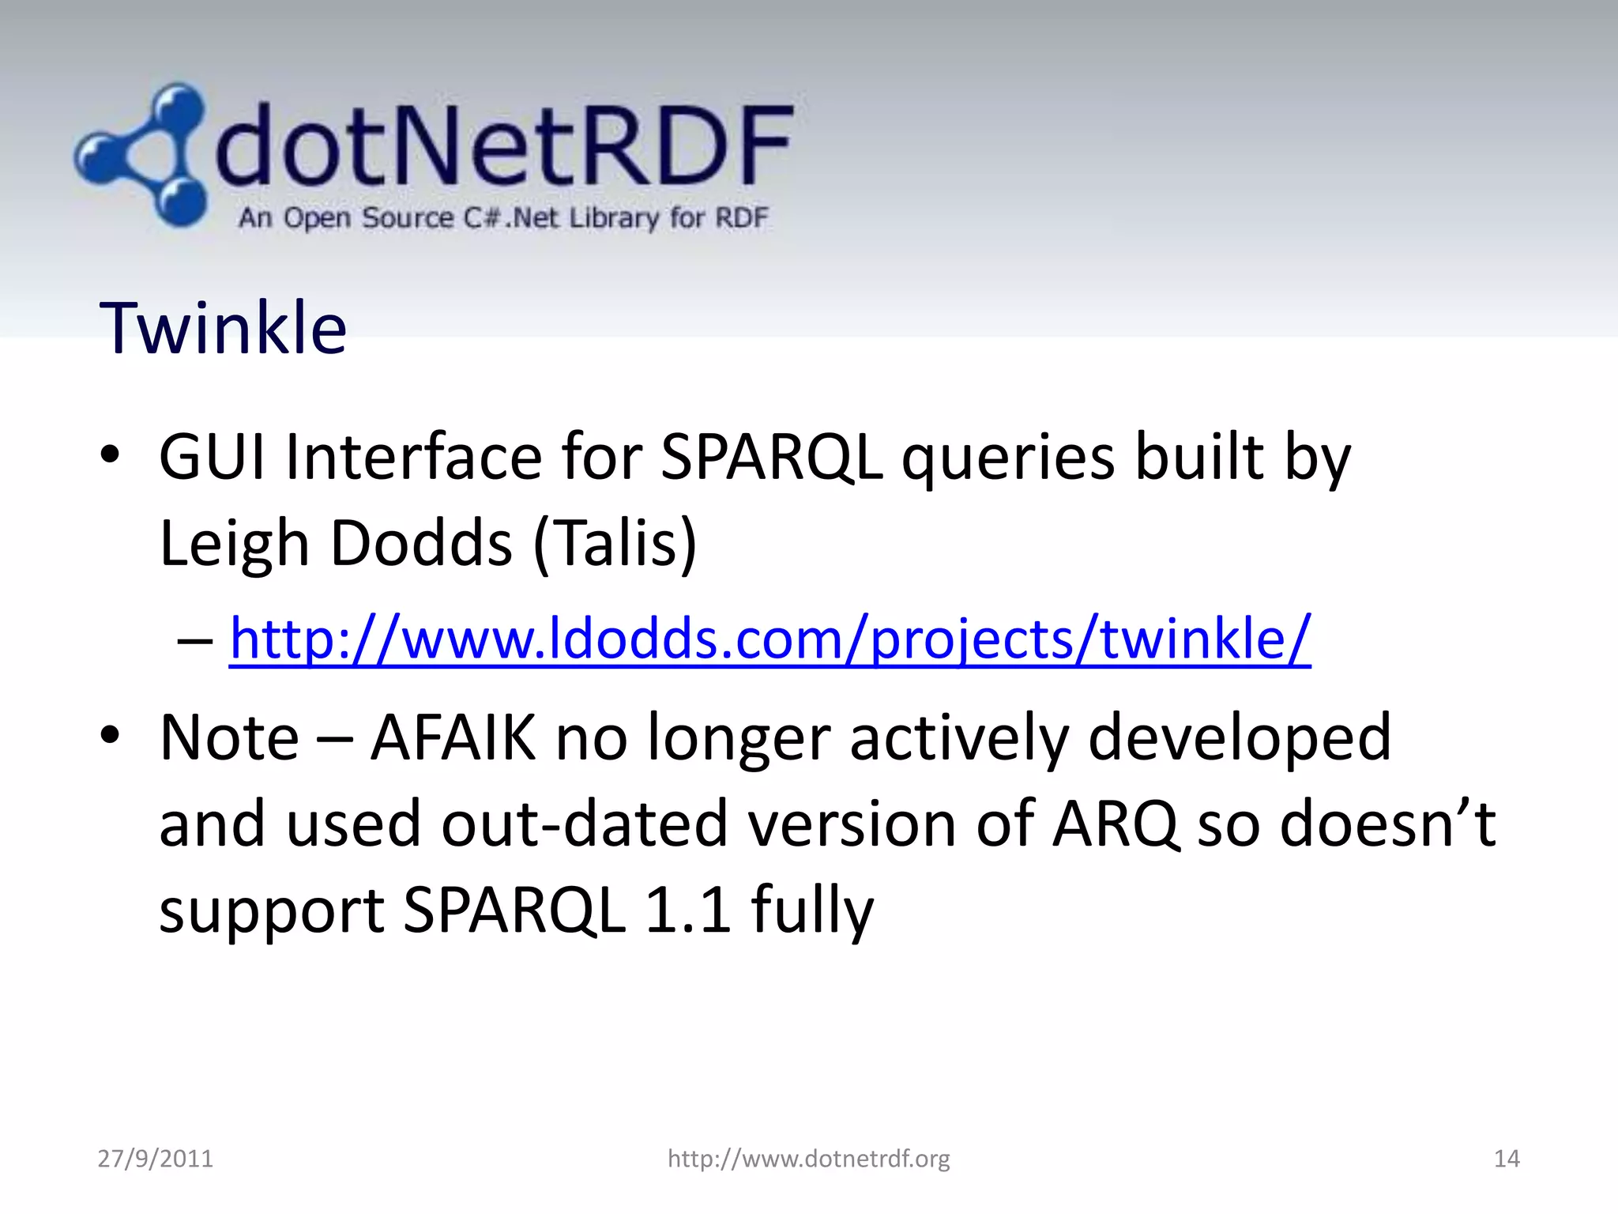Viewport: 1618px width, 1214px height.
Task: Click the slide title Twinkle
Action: pyautogui.click(x=223, y=328)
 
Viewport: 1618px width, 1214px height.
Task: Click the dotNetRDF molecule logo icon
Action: pyautogui.click(x=142, y=155)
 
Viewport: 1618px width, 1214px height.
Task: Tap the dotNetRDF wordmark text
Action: pyautogui.click(x=503, y=147)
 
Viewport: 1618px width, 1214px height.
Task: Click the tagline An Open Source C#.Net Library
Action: pyautogui.click(x=502, y=217)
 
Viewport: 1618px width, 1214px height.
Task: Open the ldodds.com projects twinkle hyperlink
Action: pyautogui.click(x=769, y=638)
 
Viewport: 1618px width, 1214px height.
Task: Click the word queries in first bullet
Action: pyautogui.click(x=1008, y=458)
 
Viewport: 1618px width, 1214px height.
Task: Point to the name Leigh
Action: pyautogui.click(x=234, y=544)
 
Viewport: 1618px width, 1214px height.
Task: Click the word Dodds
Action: pyautogui.click(x=421, y=544)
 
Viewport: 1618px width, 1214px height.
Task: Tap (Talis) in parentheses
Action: pyautogui.click(x=615, y=544)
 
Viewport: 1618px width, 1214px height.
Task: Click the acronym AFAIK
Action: pyautogui.click(x=453, y=737)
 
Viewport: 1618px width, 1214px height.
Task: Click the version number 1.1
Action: pyautogui.click(x=687, y=910)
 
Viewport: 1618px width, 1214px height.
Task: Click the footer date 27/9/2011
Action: pyautogui.click(x=155, y=1159)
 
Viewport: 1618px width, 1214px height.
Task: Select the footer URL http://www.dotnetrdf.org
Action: pyautogui.click(x=808, y=1159)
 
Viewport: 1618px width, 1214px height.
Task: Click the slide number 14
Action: pyautogui.click(x=1506, y=1159)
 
